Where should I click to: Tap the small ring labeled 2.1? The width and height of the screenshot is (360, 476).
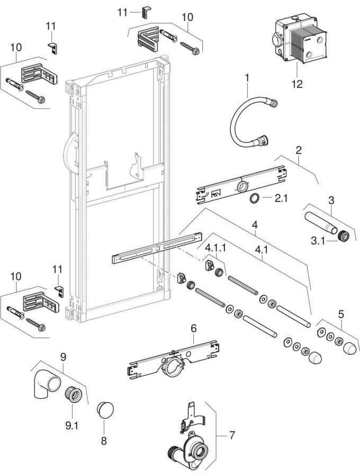click(254, 199)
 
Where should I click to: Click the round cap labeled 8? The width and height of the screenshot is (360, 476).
click(105, 410)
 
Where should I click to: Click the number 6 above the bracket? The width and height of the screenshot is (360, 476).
click(194, 328)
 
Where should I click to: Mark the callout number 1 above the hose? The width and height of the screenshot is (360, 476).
click(246, 78)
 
